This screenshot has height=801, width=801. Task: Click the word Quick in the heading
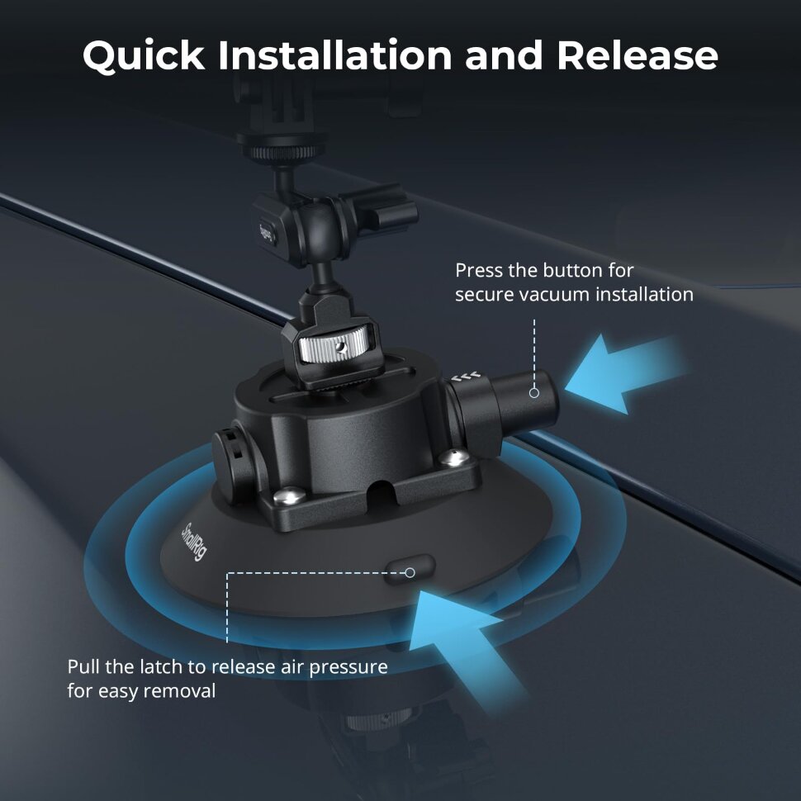coord(144,55)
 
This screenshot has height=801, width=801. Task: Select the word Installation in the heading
coord(335,55)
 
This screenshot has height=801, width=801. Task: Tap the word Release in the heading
coord(637,55)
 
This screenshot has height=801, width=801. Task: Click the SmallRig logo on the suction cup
coord(194,542)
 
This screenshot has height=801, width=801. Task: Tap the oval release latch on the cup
coord(410,569)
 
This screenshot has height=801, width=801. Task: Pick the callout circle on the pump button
coord(534,393)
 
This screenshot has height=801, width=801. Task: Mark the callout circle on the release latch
coord(410,572)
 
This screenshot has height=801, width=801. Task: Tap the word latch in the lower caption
coord(182,666)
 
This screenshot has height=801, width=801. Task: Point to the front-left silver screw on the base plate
coord(289,495)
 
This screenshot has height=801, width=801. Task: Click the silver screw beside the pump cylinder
coord(453,457)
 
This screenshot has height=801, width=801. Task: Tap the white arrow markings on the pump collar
coord(466,377)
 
